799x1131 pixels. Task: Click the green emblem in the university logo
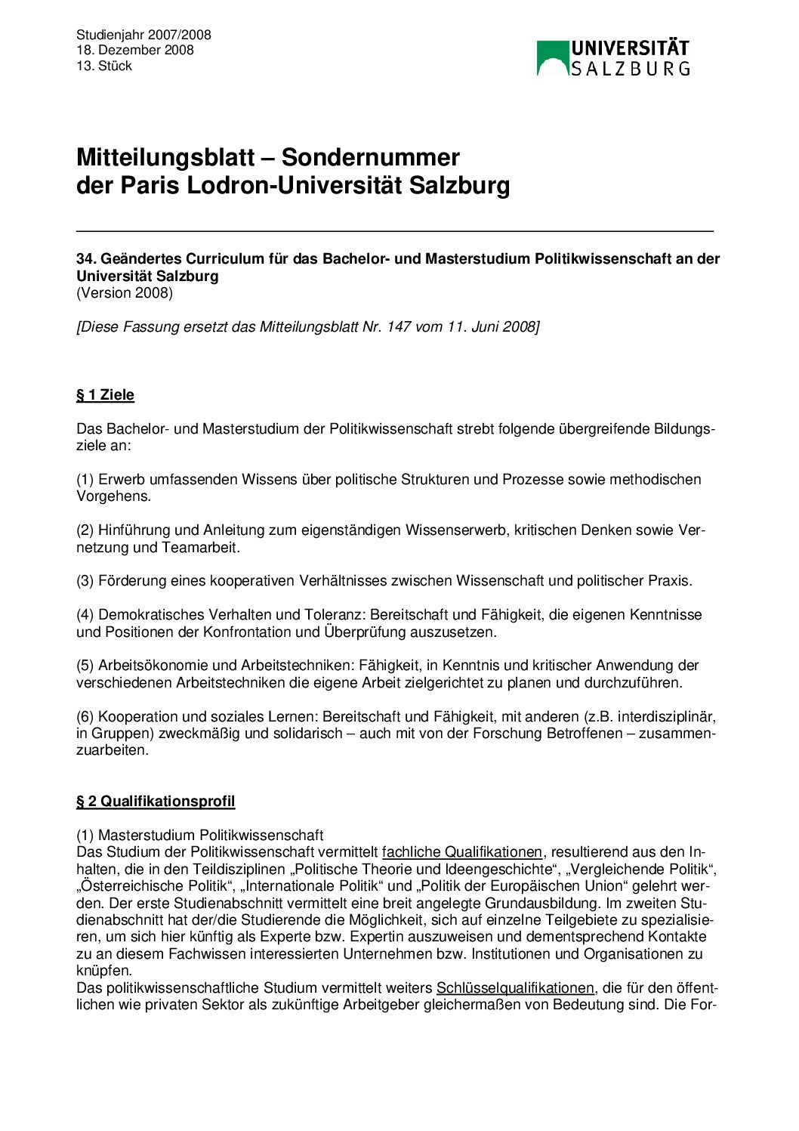pos(552,58)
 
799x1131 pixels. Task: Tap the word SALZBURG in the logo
pos(630,69)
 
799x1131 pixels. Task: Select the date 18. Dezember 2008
pos(135,50)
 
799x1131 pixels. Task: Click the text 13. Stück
pos(104,66)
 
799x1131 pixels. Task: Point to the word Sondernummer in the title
pos(370,157)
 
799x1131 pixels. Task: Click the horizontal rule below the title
pos(394,230)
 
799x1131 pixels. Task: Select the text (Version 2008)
pos(125,293)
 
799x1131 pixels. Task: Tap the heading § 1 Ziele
pos(105,395)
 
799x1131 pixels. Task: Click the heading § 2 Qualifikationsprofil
pos(156,802)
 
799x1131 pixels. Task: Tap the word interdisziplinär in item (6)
pos(665,716)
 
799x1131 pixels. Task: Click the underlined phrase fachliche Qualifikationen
pos(462,852)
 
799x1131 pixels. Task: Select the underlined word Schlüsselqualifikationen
pos(515,988)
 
